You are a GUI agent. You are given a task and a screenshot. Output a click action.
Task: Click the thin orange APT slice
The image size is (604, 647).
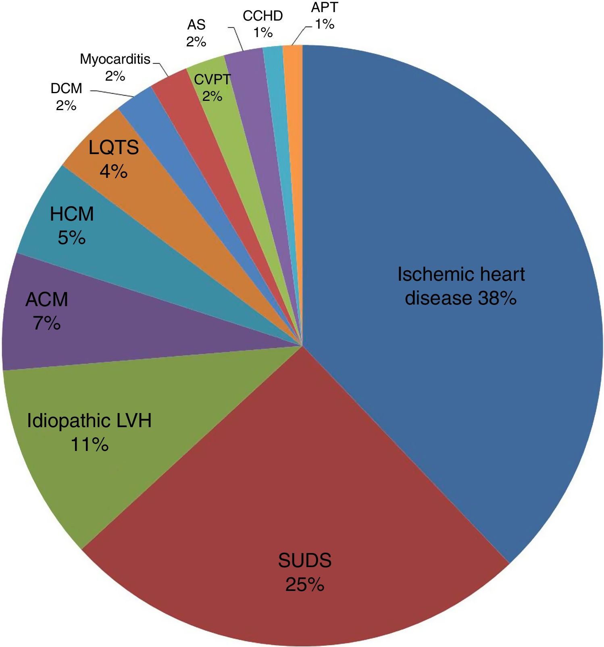pyautogui.click(x=294, y=121)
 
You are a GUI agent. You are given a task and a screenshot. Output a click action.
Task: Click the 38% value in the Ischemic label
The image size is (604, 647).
pyautogui.click(x=497, y=298)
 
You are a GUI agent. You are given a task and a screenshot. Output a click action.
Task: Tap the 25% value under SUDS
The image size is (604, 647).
pyautogui.click(x=304, y=584)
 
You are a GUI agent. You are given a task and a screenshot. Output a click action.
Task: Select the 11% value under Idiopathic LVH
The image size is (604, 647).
pyautogui.click(x=90, y=445)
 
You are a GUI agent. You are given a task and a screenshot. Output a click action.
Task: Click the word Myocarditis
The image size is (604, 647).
pyautogui.click(x=115, y=59)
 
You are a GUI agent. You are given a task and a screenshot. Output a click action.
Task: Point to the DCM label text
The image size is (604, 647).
pyautogui.click(x=67, y=88)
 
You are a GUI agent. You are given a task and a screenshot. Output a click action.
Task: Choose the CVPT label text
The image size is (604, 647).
pyautogui.click(x=212, y=79)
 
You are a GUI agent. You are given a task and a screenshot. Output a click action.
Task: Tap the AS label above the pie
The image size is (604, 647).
pyautogui.click(x=196, y=25)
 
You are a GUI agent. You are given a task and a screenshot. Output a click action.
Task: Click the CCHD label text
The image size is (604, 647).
pyautogui.click(x=263, y=16)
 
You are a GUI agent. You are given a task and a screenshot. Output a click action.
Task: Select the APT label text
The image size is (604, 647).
pyautogui.click(x=325, y=8)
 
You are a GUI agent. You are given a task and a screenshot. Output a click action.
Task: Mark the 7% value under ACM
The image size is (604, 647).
pyautogui.click(x=47, y=323)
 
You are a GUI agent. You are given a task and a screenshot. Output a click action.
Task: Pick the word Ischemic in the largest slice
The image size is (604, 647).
pyautogui.click(x=429, y=275)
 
